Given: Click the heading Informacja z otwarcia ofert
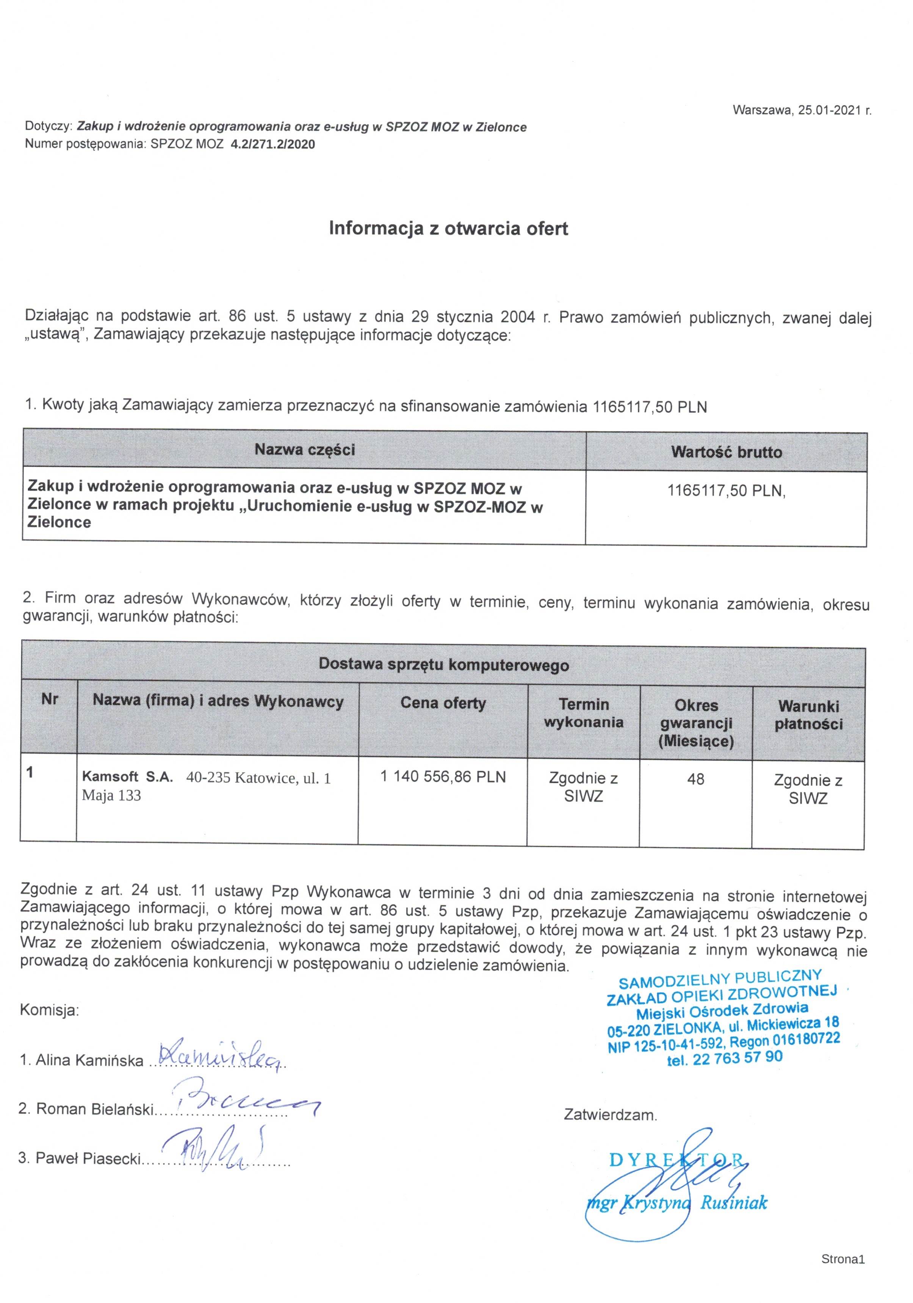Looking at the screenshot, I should pos(448,228).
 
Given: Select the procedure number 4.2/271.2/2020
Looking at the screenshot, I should pos(272,144).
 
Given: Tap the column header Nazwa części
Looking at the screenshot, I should pos(304,450).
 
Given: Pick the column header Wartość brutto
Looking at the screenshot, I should pos(726,452).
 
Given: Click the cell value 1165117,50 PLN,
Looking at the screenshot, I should pos(726,490).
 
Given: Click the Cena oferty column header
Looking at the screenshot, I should pos(443,703).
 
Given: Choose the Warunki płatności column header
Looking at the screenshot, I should pos(809,715).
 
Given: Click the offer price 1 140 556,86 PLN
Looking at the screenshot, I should pos(443,776).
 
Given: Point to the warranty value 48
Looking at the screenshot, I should pos(696,779).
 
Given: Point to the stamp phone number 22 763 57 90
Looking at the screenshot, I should pos(737,1058).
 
